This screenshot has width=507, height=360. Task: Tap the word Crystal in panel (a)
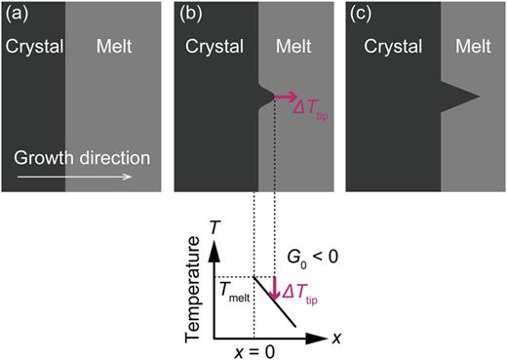33,47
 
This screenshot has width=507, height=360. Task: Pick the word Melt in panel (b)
290,47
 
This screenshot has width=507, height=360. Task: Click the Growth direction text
83,157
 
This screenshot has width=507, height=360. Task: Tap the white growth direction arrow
83,178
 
